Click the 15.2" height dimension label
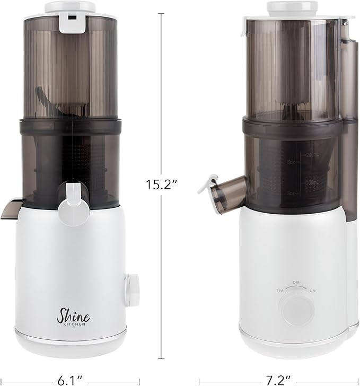(161, 185)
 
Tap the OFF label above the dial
(296, 283)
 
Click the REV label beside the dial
(279, 291)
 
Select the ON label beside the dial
(313, 291)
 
